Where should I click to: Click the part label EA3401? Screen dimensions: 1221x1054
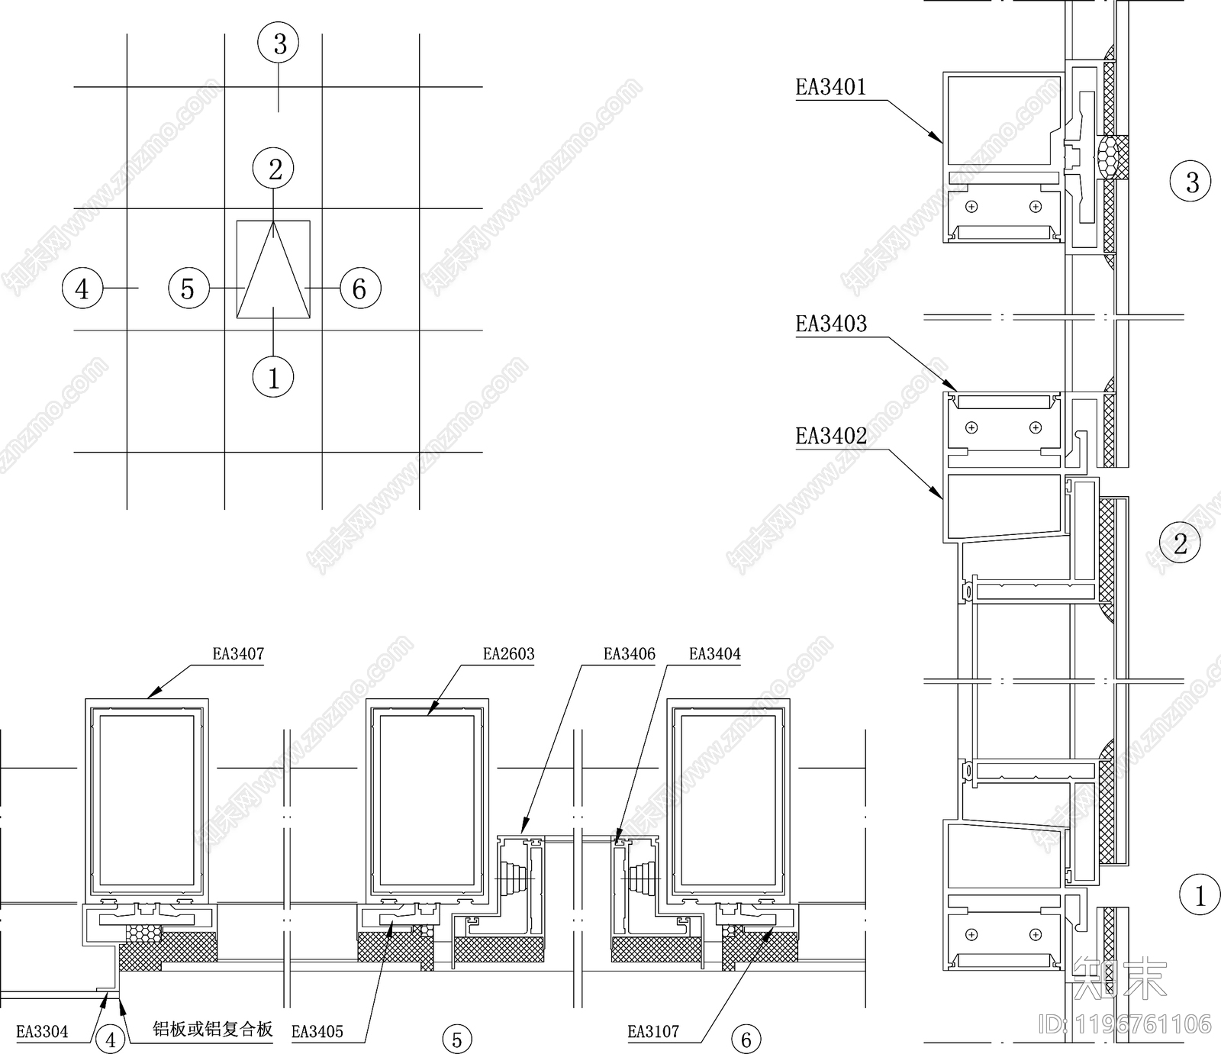(x=831, y=87)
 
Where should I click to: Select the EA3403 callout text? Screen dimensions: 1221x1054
(x=831, y=324)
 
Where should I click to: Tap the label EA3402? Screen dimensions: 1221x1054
(x=831, y=437)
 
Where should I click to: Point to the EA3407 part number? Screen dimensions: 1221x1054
(x=238, y=654)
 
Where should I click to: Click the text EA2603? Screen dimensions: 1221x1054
(x=509, y=654)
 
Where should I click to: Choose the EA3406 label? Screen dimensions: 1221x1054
(x=630, y=654)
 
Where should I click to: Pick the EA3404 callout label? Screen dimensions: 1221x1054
(x=715, y=654)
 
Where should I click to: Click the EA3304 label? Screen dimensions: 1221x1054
(x=42, y=1032)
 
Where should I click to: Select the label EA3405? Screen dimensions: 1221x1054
(x=317, y=1032)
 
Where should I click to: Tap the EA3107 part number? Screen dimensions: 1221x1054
(x=653, y=1032)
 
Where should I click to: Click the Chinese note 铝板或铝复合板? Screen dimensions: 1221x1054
(x=213, y=1030)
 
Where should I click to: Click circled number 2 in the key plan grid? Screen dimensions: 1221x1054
(x=275, y=169)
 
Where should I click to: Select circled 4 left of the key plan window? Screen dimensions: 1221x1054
(x=82, y=288)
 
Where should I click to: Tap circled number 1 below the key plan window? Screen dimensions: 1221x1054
(x=273, y=377)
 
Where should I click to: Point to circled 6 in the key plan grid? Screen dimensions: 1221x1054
(x=359, y=288)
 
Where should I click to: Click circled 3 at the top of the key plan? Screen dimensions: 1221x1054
(x=279, y=44)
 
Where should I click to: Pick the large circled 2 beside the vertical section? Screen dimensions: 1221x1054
(x=1180, y=543)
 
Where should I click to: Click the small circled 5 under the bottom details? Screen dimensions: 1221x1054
(x=457, y=1039)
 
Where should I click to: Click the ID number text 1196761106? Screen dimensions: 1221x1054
(x=1142, y=1023)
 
